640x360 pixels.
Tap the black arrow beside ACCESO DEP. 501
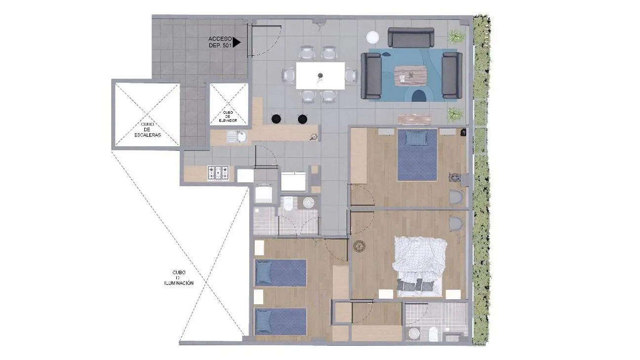click(237, 42)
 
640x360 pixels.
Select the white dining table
click(320, 76)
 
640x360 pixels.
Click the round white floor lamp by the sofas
click(373, 37)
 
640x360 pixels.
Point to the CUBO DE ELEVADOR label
click(228, 117)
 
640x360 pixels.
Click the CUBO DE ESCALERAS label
click(146, 129)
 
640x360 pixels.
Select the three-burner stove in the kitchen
click(218, 172)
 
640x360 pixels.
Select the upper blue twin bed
click(280, 273)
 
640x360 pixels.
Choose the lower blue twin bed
click(280, 321)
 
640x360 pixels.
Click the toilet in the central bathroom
click(288, 203)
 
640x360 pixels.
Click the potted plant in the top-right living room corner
click(455, 37)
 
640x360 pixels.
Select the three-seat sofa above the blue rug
click(410, 37)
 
